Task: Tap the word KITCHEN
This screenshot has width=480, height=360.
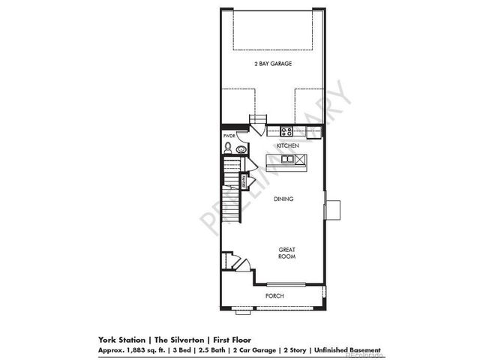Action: (x=288, y=145)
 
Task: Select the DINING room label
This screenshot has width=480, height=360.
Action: (x=283, y=199)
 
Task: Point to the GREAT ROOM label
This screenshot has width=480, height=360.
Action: (x=286, y=253)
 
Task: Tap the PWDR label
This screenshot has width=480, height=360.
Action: (x=228, y=136)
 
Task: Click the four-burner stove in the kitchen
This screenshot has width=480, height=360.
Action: (x=286, y=131)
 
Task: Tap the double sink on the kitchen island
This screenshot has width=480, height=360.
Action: (x=286, y=159)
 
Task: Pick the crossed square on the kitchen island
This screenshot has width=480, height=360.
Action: (x=301, y=159)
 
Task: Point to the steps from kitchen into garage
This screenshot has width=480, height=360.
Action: (x=258, y=124)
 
